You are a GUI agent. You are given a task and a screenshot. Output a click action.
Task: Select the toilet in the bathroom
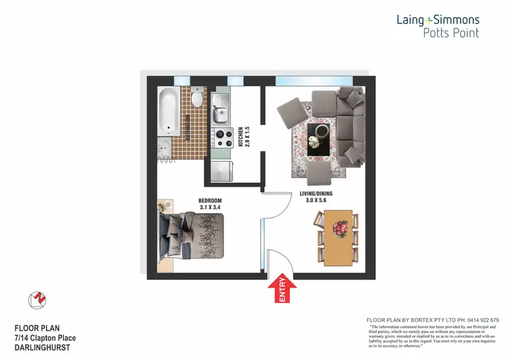click(x=196, y=100)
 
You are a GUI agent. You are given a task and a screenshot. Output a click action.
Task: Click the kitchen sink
click(x=221, y=108)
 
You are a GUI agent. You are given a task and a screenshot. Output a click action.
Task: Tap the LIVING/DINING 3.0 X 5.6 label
click(x=316, y=196)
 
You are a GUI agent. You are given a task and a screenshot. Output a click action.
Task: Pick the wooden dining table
click(x=338, y=238)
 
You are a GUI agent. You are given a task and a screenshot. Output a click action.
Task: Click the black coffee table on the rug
click(x=318, y=139)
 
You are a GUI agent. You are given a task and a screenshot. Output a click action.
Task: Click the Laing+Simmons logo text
click(x=438, y=20)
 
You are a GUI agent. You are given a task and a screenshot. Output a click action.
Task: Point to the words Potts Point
click(x=450, y=32)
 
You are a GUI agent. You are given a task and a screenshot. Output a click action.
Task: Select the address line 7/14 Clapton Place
click(x=45, y=338)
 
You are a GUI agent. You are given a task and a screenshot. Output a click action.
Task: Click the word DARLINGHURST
click(x=43, y=347)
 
